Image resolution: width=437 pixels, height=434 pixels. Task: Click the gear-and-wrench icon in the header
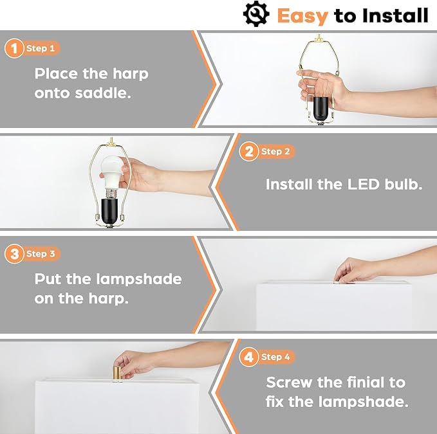[x=256, y=14]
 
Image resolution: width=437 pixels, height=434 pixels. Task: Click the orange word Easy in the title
[x=302, y=16]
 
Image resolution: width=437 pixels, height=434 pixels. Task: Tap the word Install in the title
[x=395, y=15]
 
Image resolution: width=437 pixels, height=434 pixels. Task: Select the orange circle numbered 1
[x=14, y=48]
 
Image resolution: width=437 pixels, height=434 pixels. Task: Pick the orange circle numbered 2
[x=248, y=152]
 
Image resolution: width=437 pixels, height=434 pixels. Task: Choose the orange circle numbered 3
[x=14, y=254]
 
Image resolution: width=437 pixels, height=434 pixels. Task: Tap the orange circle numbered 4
[x=248, y=357]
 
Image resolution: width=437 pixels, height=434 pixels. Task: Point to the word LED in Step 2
[x=364, y=185]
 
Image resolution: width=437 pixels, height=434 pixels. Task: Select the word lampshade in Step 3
[x=139, y=279]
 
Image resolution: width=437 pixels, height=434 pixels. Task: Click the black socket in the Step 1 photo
[x=321, y=109]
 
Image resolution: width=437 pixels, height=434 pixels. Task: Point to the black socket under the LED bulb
[x=109, y=210]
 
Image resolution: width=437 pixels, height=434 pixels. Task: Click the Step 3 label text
[x=41, y=254]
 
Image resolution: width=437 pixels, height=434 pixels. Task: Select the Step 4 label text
[x=275, y=357]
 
